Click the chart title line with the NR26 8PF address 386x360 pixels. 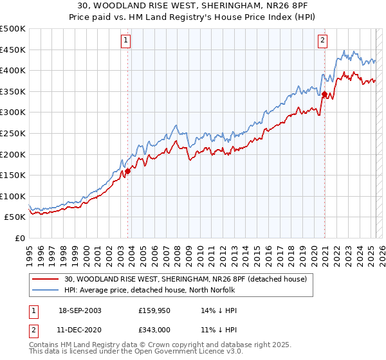click(192, 7)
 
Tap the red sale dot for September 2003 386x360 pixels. click(128, 171)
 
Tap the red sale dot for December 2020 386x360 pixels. click(325, 95)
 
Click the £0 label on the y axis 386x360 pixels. click(19, 238)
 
